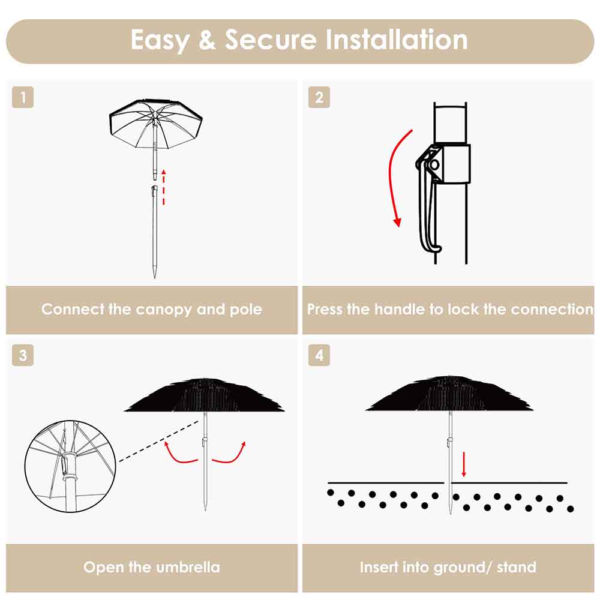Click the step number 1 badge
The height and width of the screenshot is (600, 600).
pyautogui.click(x=23, y=98)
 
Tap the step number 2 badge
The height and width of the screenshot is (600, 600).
pyautogui.click(x=319, y=98)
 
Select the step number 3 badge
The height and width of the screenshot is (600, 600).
pyautogui.click(x=23, y=355)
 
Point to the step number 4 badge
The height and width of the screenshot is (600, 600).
pyautogui.click(x=319, y=355)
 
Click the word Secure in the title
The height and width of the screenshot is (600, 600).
pyautogui.click(x=271, y=40)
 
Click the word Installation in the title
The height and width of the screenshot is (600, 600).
pyautogui.click(x=397, y=40)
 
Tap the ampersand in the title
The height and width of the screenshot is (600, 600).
pyautogui.click(x=207, y=41)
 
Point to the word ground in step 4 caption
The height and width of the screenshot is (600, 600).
pyautogui.click(x=457, y=567)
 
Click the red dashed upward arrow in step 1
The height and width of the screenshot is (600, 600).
pyautogui.click(x=164, y=187)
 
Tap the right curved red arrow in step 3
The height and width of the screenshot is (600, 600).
pyautogui.click(x=230, y=454)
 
